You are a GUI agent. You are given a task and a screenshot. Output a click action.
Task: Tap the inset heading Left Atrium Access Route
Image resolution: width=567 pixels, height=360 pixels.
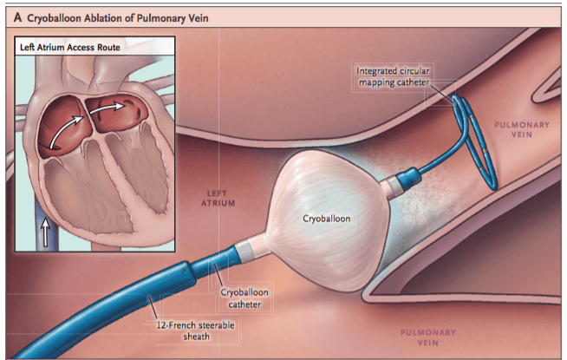click(x=69, y=48)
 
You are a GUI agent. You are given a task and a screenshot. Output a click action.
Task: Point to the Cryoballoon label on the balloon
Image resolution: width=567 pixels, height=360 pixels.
click(x=326, y=219)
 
